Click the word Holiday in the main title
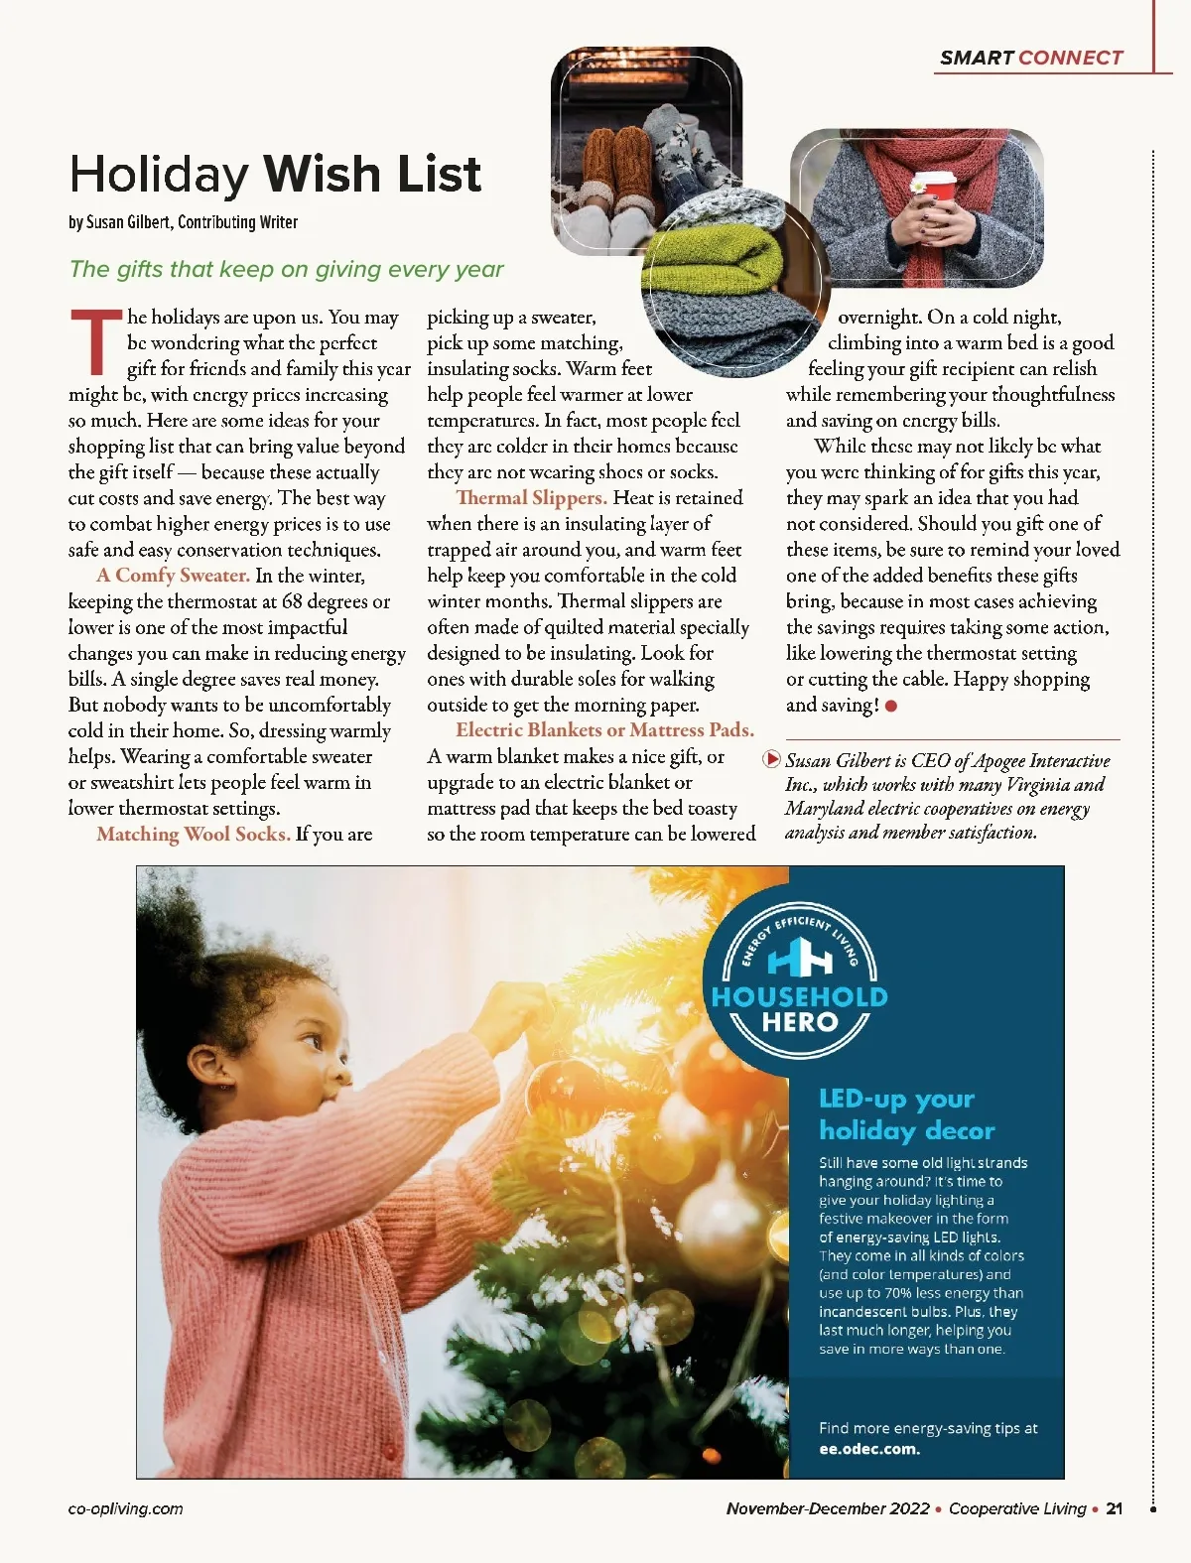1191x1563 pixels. (x=159, y=175)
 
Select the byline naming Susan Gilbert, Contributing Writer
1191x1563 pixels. (x=184, y=222)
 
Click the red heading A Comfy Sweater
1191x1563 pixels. (x=173, y=576)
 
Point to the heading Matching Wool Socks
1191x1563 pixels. (x=194, y=835)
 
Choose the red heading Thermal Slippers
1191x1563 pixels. (x=531, y=498)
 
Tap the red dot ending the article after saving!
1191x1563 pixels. (x=891, y=707)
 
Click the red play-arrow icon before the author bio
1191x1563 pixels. (x=771, y=760)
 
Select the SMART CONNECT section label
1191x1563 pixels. (x=1031, y=58)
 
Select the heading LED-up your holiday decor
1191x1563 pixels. (x=906, y=1114)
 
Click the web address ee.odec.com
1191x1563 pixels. (x=869, y=1449)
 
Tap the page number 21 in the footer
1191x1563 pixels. (x=1114, y=1508)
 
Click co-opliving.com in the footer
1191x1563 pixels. (x=126, y=1508)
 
